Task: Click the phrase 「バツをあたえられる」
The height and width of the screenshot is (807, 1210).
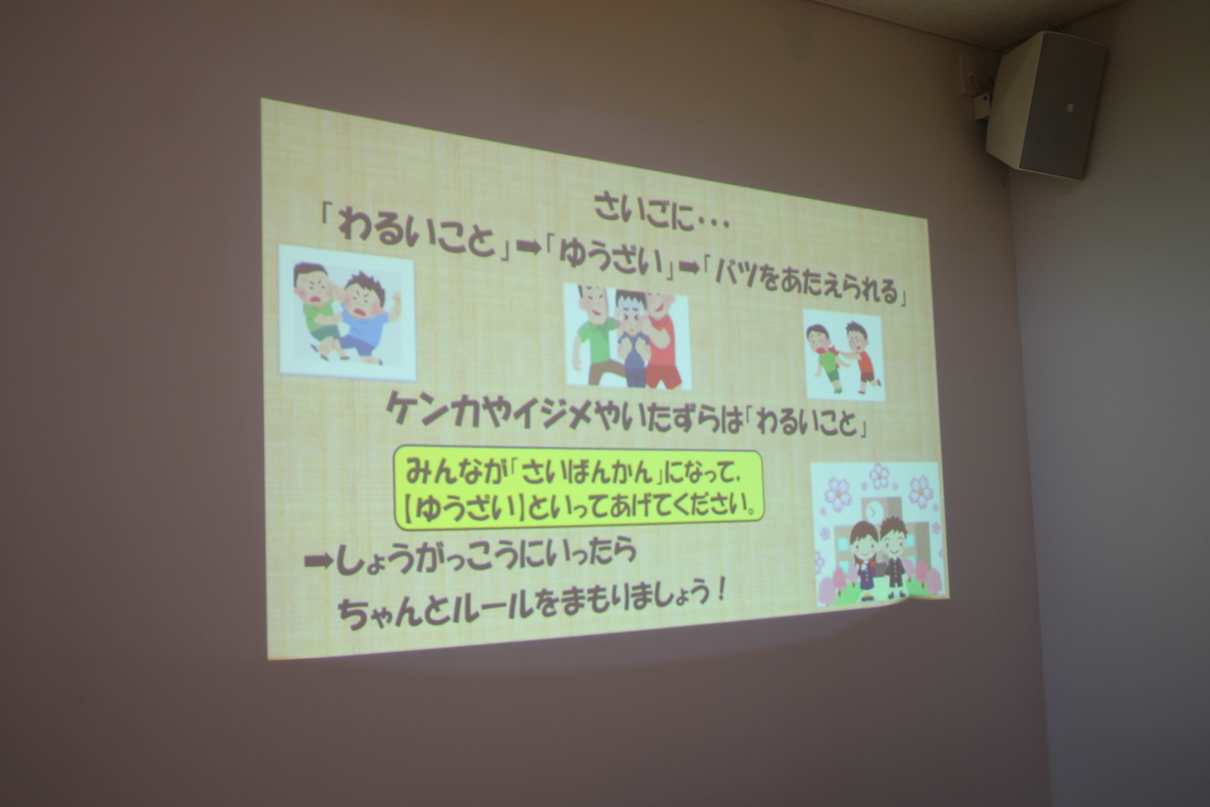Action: [806, 281]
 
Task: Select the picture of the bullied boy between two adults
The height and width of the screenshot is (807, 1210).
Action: [628, 337]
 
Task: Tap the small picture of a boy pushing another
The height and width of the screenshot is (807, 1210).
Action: [844, 355]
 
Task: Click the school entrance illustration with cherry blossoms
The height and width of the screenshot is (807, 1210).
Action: [878, 535]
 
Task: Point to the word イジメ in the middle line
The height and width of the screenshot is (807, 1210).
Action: [543, 417]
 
